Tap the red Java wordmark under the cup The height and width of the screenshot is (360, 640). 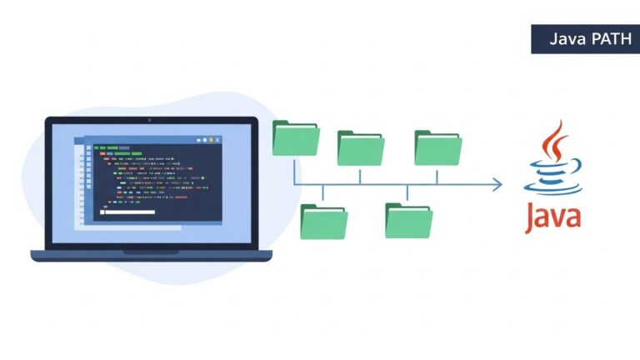tap(553, 215)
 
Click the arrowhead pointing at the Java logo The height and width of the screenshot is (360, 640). tap(497, 184)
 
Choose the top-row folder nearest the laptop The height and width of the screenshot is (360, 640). tap(296, 138)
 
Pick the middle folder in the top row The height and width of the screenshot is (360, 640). tap(360, 147)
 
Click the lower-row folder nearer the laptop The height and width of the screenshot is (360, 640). tap(323, 221)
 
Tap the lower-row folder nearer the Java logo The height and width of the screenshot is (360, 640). tap(408, 220)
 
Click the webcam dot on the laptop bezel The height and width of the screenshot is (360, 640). tap(149, 121)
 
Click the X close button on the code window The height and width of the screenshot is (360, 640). tap(217, 139)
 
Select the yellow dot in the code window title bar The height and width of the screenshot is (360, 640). tap(211, 139)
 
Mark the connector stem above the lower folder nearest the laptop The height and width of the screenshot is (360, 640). tap(323, 193)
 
